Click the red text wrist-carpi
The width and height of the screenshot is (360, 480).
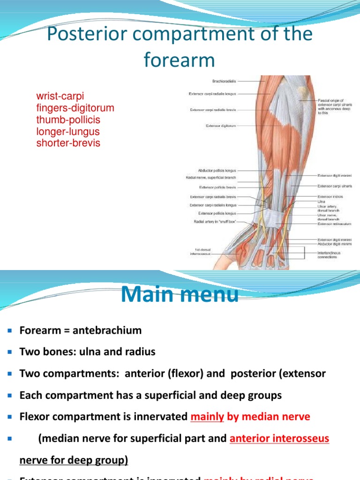click(x=60, y=97)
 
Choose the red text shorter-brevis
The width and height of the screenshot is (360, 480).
click(x=68, y=143)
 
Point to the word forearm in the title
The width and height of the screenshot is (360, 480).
click(x=180, y=60)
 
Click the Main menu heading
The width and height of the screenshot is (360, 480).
click(x=180, y=295)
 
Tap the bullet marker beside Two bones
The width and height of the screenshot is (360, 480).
click(x=10, y=352)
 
